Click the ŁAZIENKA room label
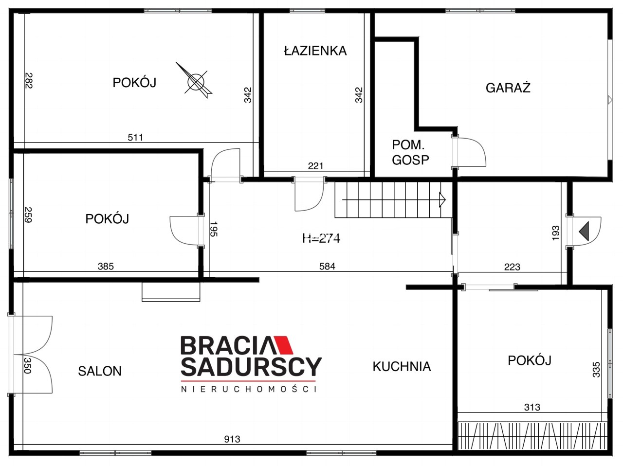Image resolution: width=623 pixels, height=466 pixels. coord(315,51)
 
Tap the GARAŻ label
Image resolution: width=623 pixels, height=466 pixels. coord(508,88)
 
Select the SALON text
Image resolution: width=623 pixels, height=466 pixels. coord(100,371)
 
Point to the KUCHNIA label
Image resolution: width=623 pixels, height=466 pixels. coord(402,366)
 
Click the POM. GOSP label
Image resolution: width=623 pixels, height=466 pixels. coord(410,153)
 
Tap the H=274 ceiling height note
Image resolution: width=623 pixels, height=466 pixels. coord(321,238)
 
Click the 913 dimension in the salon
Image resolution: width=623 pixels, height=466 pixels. coord(232,439)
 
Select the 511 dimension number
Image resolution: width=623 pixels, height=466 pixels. coord(135,137)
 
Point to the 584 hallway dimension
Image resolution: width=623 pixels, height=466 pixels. coord(327,266)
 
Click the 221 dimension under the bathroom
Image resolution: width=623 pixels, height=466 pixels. coord(315,166)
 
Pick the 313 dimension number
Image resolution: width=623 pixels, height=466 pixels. coord(532,407)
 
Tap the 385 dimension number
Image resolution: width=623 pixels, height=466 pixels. coord(106,266)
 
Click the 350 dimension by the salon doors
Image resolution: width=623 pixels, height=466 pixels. coord(28,365)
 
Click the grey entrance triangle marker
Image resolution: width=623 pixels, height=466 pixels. coord(584,231)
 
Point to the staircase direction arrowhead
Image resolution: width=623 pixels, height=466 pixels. coord(442,199)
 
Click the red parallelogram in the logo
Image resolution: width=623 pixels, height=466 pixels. coord(282,345)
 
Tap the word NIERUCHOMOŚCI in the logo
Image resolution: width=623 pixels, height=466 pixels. coord(249,389)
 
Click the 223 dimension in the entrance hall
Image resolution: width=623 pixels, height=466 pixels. coord(513,267)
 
